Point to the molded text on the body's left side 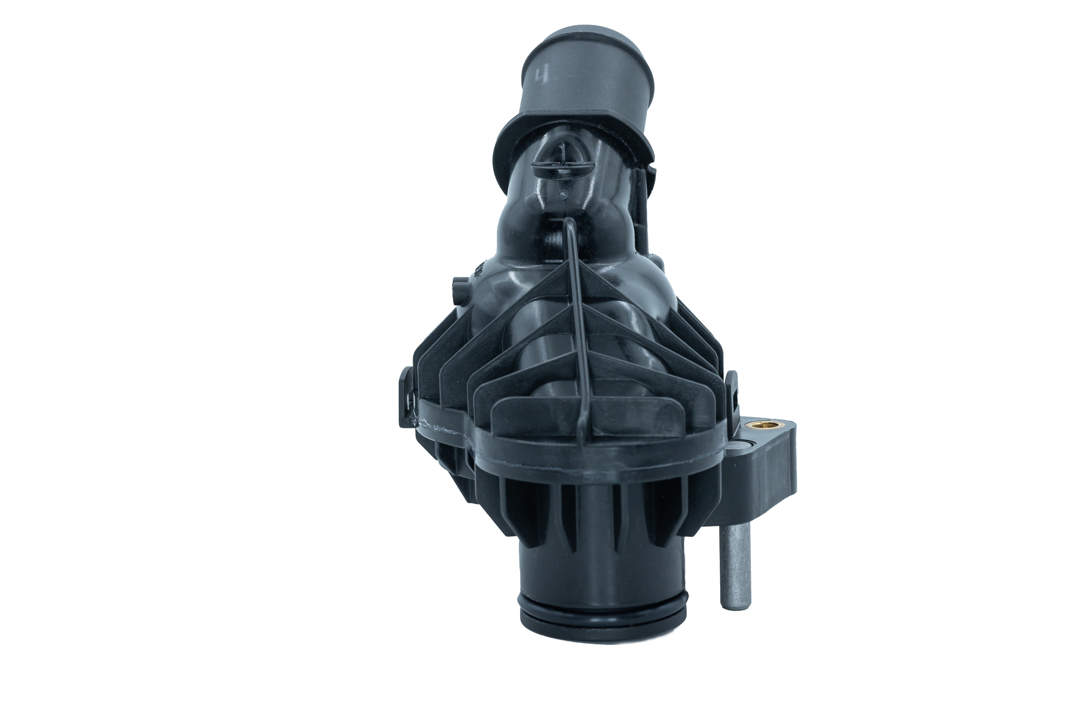coord(478,273)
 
